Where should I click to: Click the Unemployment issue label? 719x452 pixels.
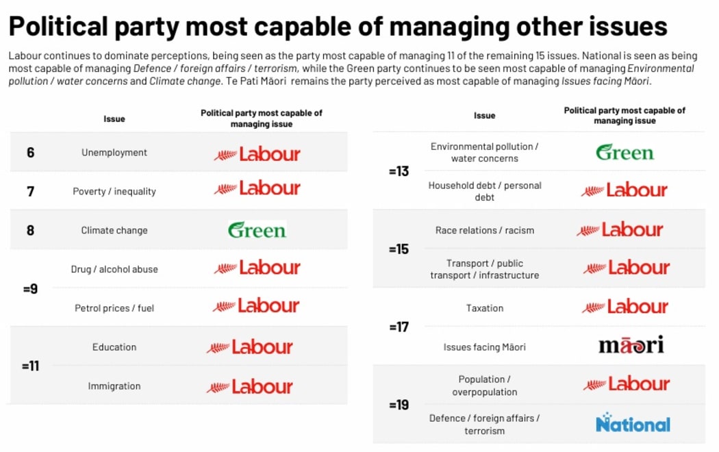114,153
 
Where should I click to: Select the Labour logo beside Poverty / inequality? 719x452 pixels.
257,188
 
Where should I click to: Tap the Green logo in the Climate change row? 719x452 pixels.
257,230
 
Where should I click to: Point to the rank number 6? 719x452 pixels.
30,153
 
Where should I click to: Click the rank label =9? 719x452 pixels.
30,289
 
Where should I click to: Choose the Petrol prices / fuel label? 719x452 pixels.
114,308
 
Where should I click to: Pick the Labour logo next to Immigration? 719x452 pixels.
250,387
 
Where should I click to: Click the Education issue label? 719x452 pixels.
114,347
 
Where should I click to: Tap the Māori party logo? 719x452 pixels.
631,345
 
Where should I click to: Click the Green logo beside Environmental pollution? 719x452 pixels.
625,153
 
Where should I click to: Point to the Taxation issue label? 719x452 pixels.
485,308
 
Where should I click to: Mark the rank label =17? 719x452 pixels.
398,327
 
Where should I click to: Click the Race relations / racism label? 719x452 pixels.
485,231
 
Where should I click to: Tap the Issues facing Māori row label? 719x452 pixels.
485,347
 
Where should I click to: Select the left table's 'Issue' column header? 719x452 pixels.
114,118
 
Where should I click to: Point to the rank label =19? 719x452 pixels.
398,405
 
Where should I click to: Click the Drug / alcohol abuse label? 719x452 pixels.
114,269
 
